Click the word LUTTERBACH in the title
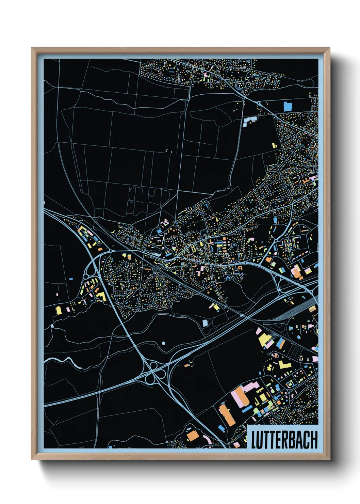[284, 439]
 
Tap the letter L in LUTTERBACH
[253, 439]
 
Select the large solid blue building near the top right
[288, 106]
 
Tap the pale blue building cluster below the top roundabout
[250, 119]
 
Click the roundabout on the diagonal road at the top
[259, 103]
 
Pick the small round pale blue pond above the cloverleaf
[164, 343]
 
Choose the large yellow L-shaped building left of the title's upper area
[284, 365]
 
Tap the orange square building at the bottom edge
[193, 435]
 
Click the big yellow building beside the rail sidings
[264, 340]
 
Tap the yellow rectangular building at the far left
[59, 310]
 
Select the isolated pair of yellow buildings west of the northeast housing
[274, 145]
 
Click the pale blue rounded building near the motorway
[205, 322]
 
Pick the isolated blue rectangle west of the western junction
[71, 279]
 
